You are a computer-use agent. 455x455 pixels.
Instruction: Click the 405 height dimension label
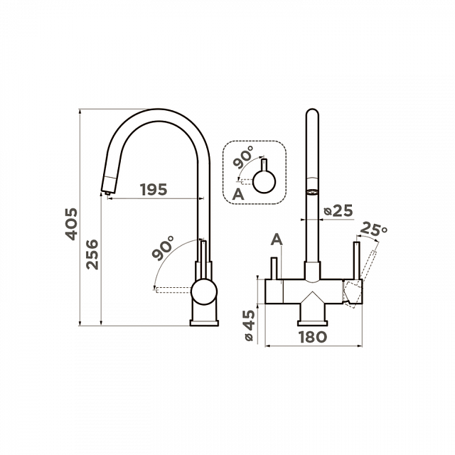tap(71, 224)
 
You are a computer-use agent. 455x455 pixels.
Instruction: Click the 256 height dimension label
tap(93, 255)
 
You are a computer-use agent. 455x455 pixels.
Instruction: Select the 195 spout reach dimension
tap(154, 190)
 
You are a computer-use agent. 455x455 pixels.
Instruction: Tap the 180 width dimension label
tap(313, 337)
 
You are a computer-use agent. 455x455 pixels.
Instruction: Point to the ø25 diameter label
tap(338, 210)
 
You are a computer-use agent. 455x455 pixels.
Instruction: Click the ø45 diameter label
tap(248, 325)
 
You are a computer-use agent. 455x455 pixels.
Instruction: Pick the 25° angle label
tap(373, 230)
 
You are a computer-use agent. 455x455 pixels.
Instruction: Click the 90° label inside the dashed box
tap(244, 157)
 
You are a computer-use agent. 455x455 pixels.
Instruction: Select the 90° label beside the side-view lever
tap(163, 247)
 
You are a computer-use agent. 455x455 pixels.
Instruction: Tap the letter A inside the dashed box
tap(239, 194)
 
